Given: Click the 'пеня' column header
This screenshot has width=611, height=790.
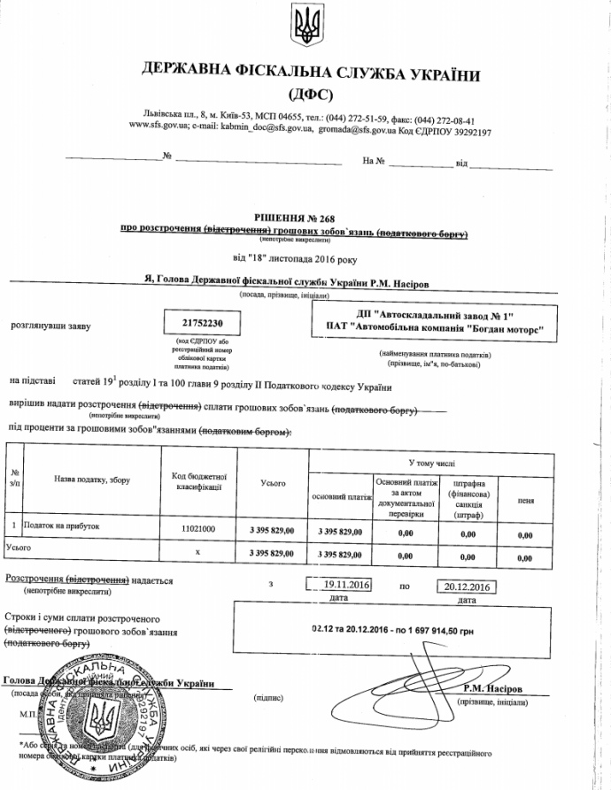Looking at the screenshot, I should tap(525, 501).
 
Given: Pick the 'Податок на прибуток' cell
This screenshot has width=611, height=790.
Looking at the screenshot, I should tap(61, 526).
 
